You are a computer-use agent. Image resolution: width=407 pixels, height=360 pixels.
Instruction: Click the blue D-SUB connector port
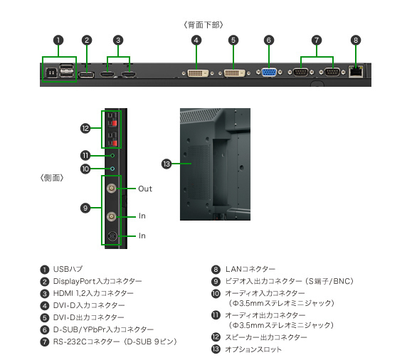click(x=269, y=73)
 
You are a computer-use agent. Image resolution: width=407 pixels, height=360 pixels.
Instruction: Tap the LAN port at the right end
click(x=356, y=71)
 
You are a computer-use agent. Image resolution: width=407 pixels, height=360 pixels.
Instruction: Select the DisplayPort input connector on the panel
click(x=86, y=75)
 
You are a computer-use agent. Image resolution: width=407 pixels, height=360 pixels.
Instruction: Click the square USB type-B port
click(x=51, y=73)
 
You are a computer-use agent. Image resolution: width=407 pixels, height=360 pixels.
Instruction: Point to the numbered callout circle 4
click(x=196, y=41)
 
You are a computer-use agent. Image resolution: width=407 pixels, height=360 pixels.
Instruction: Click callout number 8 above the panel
click(x=356, y=41)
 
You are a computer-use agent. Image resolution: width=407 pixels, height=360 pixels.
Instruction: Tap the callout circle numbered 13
click(x=166, y=164)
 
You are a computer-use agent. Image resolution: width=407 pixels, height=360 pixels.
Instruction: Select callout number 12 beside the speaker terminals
click(x=85, y=128)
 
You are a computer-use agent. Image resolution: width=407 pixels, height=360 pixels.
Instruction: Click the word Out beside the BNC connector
click(x=145, y=189)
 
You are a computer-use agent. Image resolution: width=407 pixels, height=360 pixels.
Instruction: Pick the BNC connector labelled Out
click(x=112, y=188)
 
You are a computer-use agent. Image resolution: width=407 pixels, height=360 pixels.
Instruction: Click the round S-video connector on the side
click(x=112, y=236)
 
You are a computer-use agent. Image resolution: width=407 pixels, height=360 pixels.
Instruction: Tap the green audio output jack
click(x=112, y=156)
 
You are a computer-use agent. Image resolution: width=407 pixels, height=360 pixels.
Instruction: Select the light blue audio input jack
click(x=112, y=169)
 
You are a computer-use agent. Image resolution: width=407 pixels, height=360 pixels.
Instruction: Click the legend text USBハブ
click(x=68, y=269)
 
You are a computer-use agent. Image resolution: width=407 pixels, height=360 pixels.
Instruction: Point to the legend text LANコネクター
click(x=250, y=269)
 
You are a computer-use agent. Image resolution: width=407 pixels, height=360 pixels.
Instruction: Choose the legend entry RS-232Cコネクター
click(x=86, y=342)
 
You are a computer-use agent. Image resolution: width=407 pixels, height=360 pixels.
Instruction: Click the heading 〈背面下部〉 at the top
click(x=203, y=25)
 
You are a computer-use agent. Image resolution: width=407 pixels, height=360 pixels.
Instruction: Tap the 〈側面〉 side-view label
click(x=52, y=178)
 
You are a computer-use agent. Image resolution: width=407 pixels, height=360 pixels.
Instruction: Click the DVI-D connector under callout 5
click(x=234, y=73)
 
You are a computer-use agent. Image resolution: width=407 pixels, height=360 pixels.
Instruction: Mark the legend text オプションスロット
click(x=253, y=349)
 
